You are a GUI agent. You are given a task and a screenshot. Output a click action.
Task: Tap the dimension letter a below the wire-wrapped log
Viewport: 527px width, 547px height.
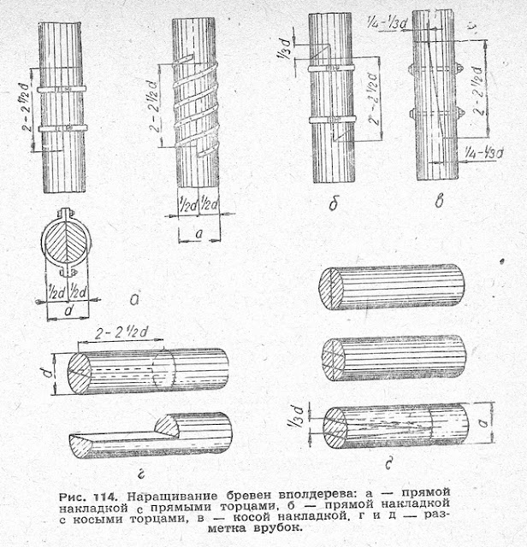coord(198,232)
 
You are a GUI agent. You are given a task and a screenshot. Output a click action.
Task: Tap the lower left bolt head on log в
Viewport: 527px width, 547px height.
coord(413,113)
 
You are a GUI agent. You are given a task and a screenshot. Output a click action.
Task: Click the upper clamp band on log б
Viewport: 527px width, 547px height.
coord(332,66)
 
